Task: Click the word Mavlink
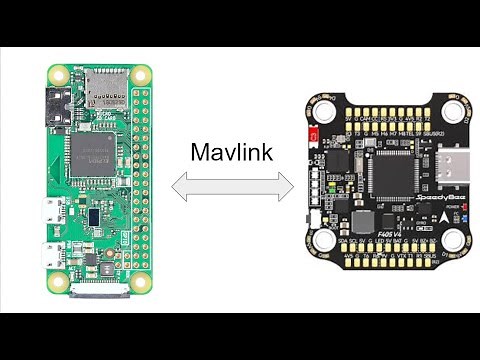point(229,152)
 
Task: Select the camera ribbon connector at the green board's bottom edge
point(99,292)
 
